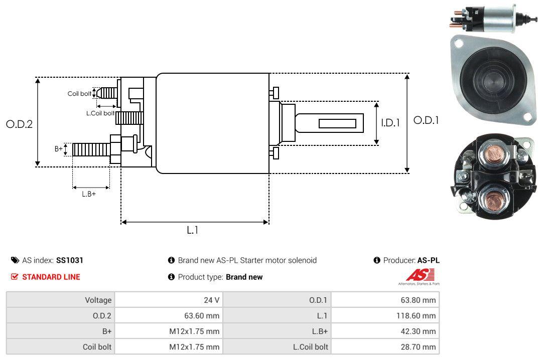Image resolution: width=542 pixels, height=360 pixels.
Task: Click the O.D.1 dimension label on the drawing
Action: pos(426,120)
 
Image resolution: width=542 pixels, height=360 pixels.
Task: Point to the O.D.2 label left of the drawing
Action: pos(19,124)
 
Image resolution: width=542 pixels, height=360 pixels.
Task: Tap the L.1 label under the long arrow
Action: pos(193,230)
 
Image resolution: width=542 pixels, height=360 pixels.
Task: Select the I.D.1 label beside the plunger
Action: pos(390,122)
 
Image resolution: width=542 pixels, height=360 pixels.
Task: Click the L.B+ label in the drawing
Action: pos(89,194)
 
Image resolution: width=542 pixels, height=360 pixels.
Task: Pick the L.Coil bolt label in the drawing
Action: pos(100,113)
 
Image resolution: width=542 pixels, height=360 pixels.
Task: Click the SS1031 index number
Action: pos(70,260)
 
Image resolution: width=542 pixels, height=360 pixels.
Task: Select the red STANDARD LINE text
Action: pos(51,277)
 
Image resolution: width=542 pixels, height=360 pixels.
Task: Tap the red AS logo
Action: pos(416,275)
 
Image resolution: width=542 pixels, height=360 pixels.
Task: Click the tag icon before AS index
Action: pos(15,260)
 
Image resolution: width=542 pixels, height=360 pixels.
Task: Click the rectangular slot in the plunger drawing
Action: pos(337,123)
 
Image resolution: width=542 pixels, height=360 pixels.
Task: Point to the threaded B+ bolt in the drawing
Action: pos(91,149)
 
